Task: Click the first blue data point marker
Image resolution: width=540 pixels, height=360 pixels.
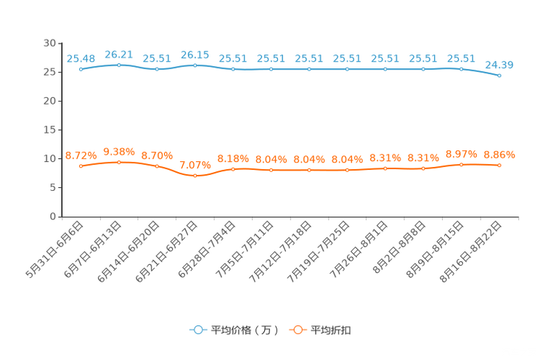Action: tap(81, 69)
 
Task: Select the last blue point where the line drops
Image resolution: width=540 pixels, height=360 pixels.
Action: tap(499, 75)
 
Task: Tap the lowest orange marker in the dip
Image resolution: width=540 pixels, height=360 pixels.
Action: tap(195, 176)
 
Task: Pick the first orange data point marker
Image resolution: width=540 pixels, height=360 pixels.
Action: tap(81, 165)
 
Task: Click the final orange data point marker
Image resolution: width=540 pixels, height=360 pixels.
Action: tap(499, 165)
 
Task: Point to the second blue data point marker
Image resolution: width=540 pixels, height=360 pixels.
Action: tap(119, 65)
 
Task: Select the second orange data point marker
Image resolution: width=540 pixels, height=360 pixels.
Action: tap(119, 162)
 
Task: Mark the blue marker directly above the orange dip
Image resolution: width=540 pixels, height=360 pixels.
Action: tap(195, 65)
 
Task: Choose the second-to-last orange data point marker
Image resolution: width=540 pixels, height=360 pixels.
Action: tap(461, 164)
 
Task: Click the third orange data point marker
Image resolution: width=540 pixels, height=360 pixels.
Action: tap(157, 166)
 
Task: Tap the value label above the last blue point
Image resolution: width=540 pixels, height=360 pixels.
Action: tap(499, 65)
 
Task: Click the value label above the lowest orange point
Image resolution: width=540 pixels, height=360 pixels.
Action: tap(195, 165)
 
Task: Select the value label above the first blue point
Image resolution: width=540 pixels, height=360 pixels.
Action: tap(81, 59)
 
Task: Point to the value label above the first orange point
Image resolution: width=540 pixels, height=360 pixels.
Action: tap(81, 155)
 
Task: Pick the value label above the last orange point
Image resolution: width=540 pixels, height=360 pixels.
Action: tap(499, 155)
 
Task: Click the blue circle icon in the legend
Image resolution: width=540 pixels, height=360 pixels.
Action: tap(197, 330)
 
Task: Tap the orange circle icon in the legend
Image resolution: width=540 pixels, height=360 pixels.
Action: tap(298, 330)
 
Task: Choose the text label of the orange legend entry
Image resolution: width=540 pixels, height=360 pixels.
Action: tap(332, 330)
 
